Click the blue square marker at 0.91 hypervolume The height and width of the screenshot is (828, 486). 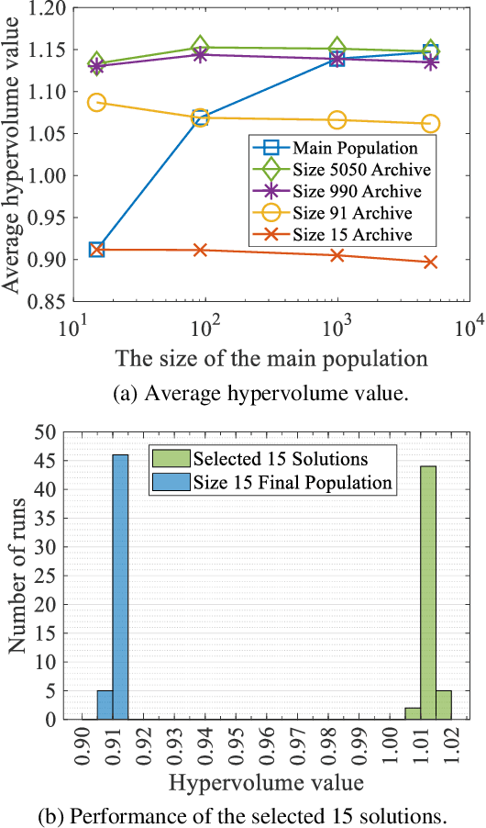click(x=96, y=250)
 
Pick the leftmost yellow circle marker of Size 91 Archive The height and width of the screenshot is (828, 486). click(x=96, y=102)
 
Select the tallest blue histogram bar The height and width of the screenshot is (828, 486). click(x=120, y=587)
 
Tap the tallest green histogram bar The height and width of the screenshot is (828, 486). click(x=428, y=593)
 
